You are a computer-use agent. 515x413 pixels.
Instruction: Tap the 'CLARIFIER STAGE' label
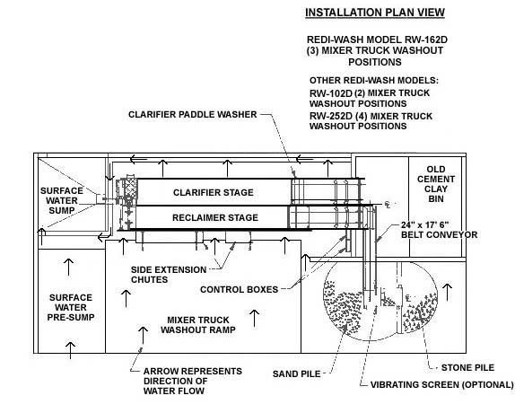tap(214, 192)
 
